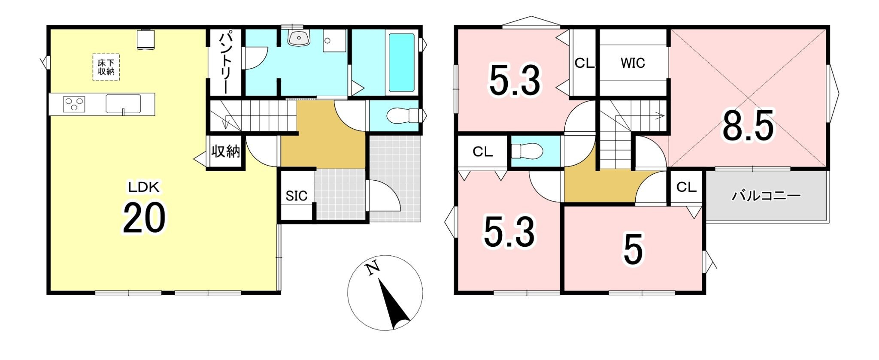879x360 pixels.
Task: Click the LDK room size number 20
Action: click(x=144, y=218)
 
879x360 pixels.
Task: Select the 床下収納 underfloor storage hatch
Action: click(x=106, y=67)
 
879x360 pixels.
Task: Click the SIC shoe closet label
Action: click(x=297, y=196)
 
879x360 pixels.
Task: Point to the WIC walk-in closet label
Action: click(x=633, y=63)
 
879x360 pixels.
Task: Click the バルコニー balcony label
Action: click(x=766, y=196)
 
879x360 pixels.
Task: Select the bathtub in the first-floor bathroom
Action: click(x=401, y=62)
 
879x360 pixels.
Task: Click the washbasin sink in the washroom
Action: click(x=299, y=38)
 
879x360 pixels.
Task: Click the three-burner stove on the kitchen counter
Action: click(x=74, y=104)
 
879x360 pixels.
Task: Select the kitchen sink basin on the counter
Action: click(x=123, y=103)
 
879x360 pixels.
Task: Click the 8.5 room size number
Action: click(x=749, y=125)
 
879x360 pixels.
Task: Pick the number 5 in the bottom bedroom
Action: click(x=633, y=250)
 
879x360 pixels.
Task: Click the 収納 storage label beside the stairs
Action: click(x=225, y=151)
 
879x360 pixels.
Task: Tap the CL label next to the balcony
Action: click(x=686, y=187)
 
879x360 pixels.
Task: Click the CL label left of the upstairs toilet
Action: click(x=482, y=152)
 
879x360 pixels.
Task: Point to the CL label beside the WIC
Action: click(x=584, y=64)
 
